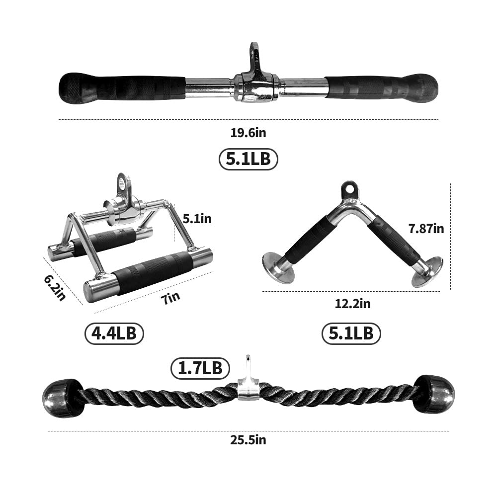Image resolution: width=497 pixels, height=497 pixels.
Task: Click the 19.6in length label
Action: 248,133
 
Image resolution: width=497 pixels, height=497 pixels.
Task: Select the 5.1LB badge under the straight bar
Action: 248,159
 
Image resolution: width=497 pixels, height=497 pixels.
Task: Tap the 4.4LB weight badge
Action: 114,333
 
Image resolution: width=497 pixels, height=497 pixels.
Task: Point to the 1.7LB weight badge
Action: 200,368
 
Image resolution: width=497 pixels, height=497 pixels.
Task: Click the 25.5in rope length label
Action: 248,440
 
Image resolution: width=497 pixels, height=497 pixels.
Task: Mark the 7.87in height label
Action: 426,229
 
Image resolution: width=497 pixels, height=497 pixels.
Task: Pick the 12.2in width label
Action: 352,303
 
